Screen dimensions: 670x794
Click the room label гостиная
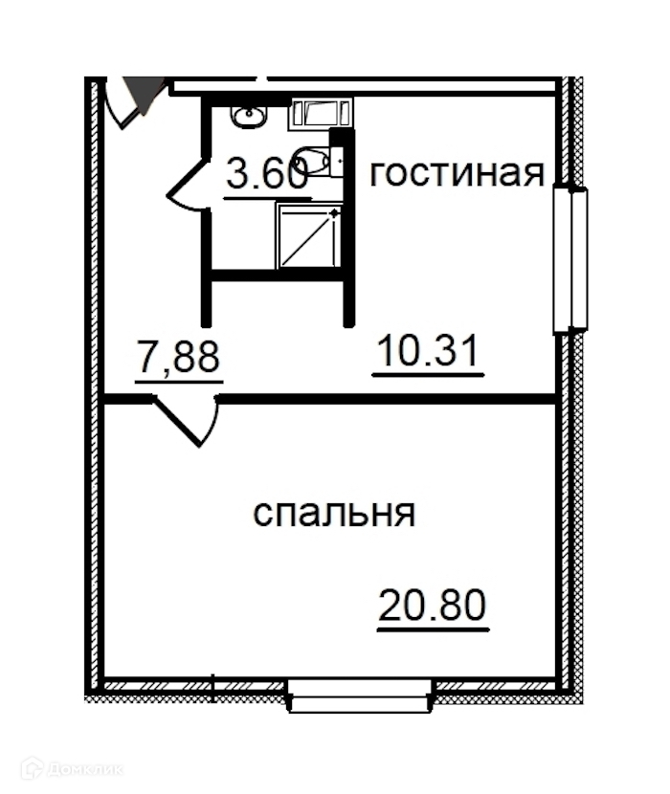tap(457, 174)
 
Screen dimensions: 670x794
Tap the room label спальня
tap(334, 514)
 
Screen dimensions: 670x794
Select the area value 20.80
tap(433, 606)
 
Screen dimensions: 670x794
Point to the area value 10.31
tap(428, 351)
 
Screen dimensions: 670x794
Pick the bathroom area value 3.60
tap(267, 172)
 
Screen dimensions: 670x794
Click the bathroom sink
tap(248, 117)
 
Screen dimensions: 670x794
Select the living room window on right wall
tap(570, 260)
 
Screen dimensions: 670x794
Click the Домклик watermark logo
tap(73, 770)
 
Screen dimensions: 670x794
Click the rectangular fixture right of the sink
tap(321, 113)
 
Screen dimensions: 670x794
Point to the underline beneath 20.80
tap(434, 629)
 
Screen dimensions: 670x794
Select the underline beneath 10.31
tap(428, 375)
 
